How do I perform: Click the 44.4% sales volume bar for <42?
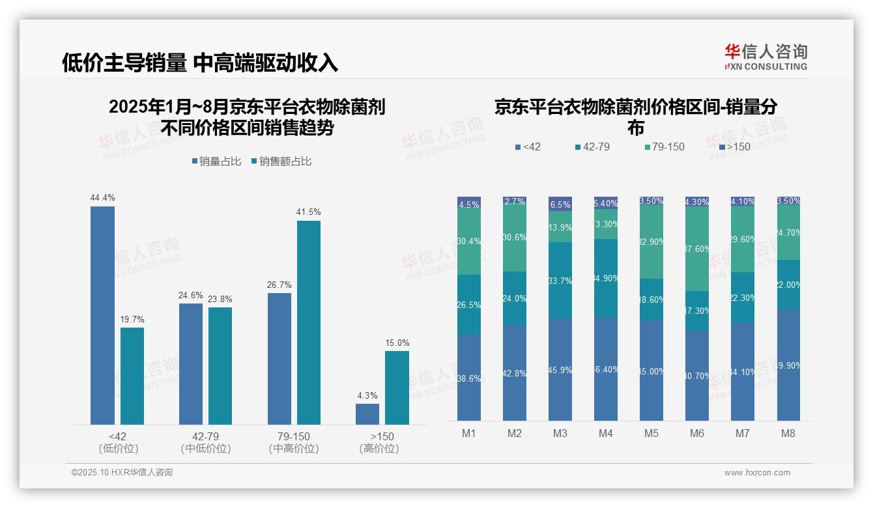[x=102, y=316]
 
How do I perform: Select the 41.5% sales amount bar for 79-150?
[x=309, y=323]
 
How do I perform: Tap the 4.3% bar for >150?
[x=367, y=414]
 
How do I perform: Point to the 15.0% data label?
[x=397, y=343]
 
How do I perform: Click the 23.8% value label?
[x=220, y=300]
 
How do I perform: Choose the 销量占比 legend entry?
[x=218, y=162]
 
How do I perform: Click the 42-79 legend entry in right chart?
[x=592, y=147]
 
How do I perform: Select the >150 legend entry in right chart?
[x=734, y=147]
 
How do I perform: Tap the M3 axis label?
[x=560, y=434]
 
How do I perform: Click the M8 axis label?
[x=788, y=434]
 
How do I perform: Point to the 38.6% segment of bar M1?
[x=469, y=378]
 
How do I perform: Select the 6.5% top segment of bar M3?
[x=560, y=204]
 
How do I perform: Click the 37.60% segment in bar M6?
[x=697, y=249]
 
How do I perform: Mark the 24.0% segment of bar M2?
[x=515, y=298]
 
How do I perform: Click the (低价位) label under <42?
[x=118, y=449]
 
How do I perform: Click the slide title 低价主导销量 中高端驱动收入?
[x=200, y=63]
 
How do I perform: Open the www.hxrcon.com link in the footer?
[x=757, y=473]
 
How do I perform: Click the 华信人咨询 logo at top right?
[x=766, y=57]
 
